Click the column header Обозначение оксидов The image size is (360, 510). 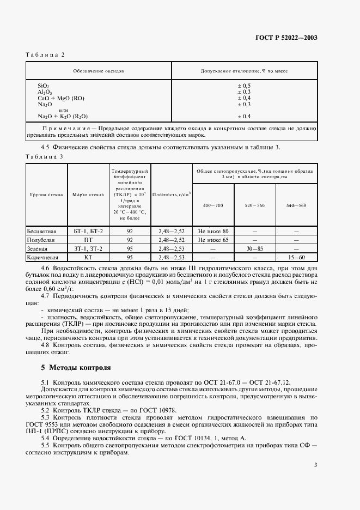click(99, 71)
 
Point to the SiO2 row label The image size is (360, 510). click(44, 86)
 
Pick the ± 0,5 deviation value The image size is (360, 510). click(243, 86)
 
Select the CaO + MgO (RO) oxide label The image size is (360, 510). click(61, 98)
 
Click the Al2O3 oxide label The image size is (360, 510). click(45, 92)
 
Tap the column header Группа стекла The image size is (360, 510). click(47, 194)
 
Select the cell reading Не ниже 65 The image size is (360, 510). click(213, 239)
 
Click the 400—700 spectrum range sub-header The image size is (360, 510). click(213, 205)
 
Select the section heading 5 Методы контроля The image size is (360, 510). click(76, 367)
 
